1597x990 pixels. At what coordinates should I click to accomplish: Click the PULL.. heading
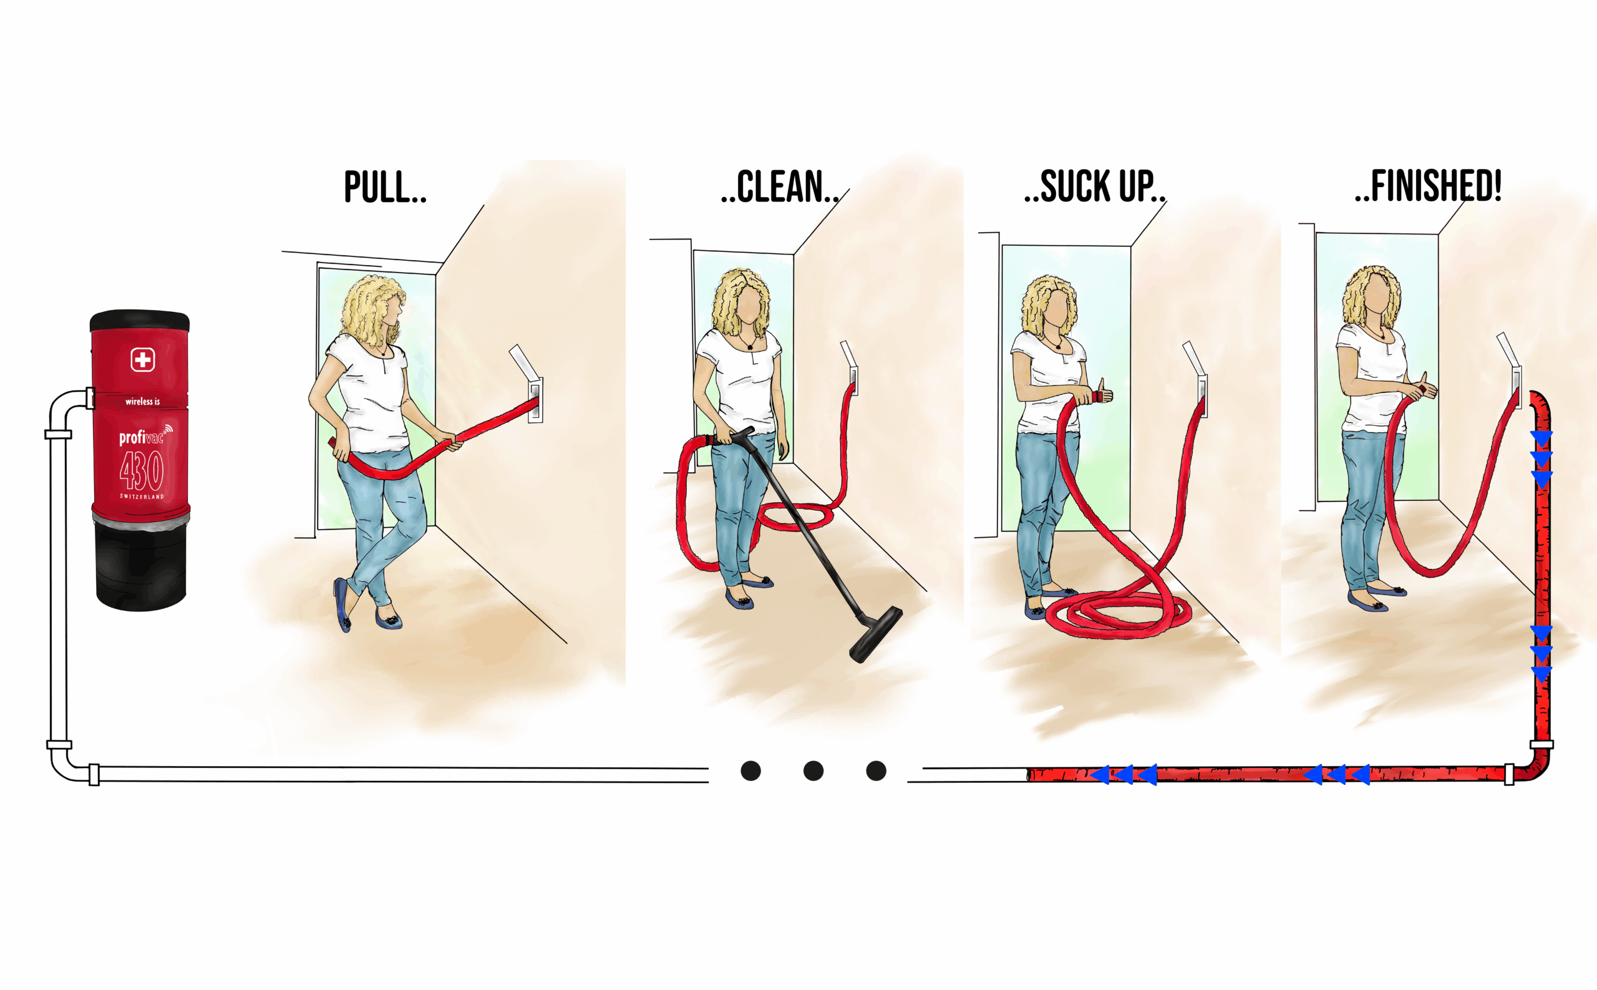(385, 187)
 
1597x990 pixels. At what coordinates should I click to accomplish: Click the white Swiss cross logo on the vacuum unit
(142, 359)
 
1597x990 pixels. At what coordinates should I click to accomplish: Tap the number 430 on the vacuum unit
(142, 471)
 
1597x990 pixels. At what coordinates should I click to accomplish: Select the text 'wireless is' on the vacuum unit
(142, 401)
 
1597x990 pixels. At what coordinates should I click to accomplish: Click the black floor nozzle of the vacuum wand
(875, 634)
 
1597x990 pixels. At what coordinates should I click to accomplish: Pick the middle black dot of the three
(813, 770)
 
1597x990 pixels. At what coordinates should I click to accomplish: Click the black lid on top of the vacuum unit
(140, 320)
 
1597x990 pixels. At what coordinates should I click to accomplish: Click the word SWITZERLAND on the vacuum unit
(142, 497)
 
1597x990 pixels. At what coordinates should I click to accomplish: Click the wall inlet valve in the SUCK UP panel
(1202, 395)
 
